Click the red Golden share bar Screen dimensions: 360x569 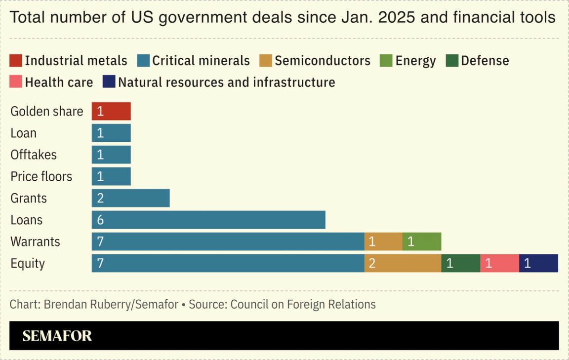(111, 111)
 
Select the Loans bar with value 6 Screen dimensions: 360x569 (208, 220)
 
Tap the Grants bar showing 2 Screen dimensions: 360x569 (130, 198)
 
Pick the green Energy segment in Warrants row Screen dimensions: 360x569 (421, 241)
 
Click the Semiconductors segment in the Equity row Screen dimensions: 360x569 (403, 263)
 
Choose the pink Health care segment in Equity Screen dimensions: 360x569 (499, 263)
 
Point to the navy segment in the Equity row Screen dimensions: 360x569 (538, 263)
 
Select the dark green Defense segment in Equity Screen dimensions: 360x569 (460, 263)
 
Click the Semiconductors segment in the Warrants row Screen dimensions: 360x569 (383, 241)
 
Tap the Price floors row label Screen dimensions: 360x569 (41, 176)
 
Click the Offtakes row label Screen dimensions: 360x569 (34, 155)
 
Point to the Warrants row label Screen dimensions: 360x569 (35, 241)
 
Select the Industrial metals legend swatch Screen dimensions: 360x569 (16, 61)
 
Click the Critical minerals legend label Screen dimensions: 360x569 (201, 61)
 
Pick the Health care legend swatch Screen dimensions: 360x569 (16, 82)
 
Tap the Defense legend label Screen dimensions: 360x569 (485, 61)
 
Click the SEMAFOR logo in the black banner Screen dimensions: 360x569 (57, 336)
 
